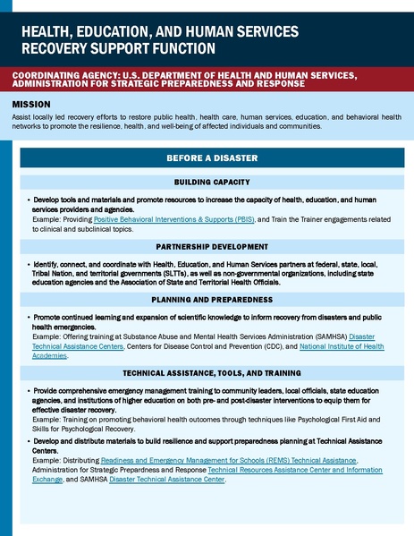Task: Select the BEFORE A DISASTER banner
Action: point(212,158)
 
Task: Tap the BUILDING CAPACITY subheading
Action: point(212,183)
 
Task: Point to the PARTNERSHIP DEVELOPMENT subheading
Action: point(212,246)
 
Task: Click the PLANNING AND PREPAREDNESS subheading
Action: point(212,299)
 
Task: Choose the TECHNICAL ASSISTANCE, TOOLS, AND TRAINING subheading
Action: point(212,371)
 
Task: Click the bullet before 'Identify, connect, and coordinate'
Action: point(30,266)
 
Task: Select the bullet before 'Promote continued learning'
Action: point(30,319)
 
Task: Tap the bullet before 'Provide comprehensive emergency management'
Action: point(30,390)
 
